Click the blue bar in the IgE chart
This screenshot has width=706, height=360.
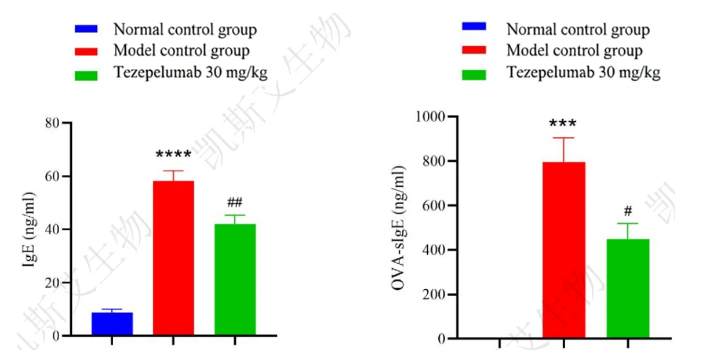pos(112,323)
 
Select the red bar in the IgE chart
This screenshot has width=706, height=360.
pos(173,258)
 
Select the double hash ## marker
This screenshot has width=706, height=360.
pos(235,203)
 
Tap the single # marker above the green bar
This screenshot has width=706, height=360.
pos(628,210)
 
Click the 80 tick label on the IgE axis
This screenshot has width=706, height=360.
pos(54,123)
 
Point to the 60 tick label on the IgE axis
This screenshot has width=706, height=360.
pos(54,176)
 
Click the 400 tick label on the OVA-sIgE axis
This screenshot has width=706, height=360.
pos(436,250)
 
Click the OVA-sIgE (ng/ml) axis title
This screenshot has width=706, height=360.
pos(401,228)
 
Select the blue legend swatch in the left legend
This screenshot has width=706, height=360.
pos(86,28)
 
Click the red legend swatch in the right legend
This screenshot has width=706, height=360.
pos(474,50)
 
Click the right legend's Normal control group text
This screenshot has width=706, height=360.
pos(578,29)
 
